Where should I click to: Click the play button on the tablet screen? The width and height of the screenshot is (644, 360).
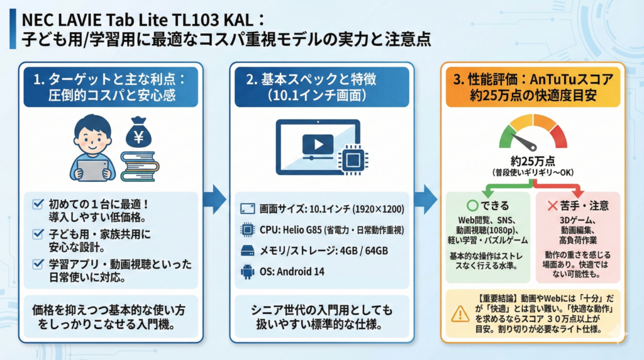click(318, 145)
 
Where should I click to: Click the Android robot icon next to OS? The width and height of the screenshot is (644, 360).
click(247, 273)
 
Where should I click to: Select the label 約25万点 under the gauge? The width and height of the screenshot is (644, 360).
click(532, 160)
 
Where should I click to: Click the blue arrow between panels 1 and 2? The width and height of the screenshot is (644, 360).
click(215, 199)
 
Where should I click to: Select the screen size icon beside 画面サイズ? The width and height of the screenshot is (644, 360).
click(247, 208)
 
